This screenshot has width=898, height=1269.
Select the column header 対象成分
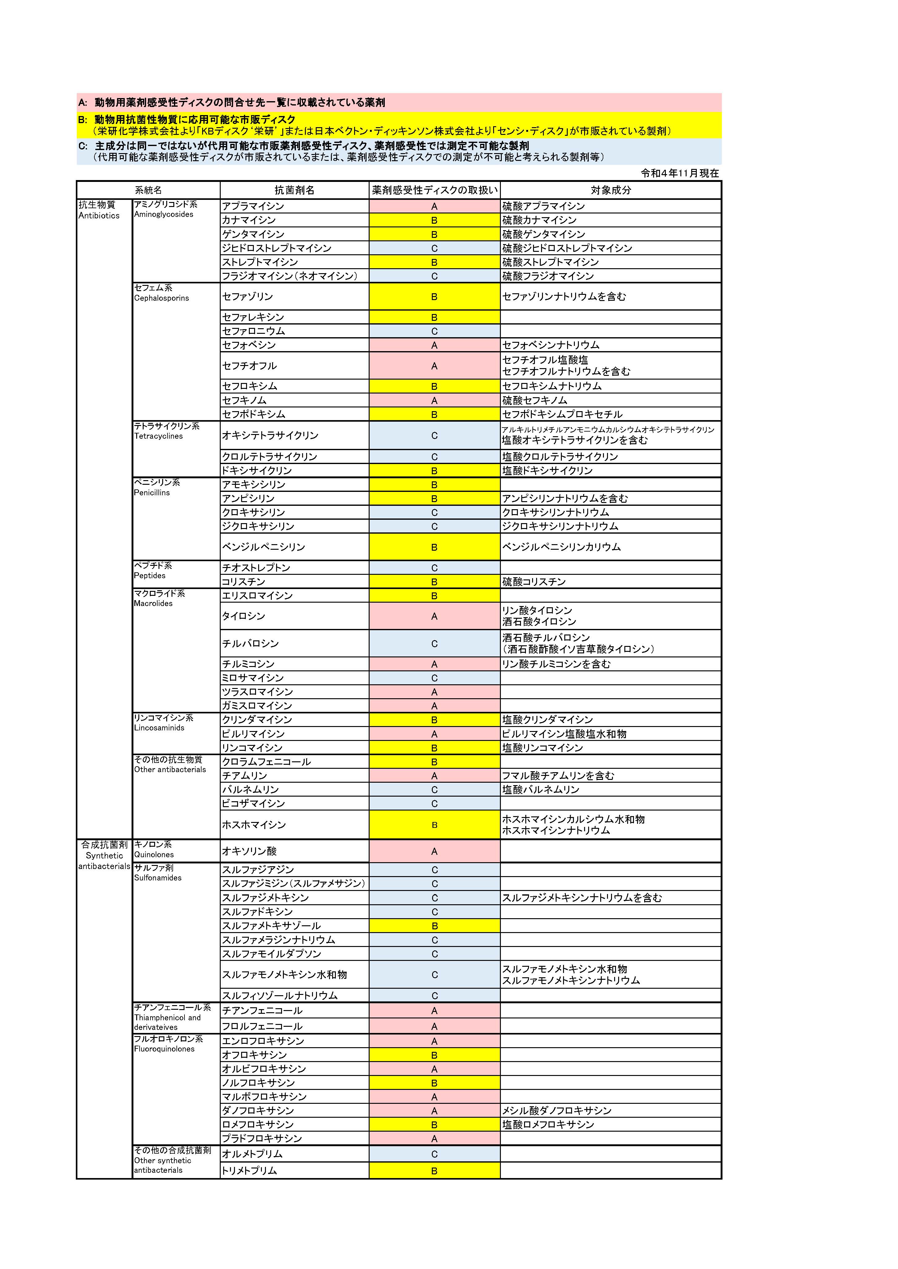pos(610,190)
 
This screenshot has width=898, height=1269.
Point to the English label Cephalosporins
pos(162,298)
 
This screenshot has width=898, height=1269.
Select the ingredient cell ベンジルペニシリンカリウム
pos(561,547)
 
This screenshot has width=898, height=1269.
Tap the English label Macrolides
pos(153,604)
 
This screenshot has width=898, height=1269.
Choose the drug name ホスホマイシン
pos(254,825)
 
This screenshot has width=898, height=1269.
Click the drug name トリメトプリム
pos(249,1171)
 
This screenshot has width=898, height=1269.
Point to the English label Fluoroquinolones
pos(164,1049)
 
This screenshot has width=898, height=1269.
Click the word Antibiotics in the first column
pos(99,216)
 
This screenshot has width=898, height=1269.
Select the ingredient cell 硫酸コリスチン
pos(534,581)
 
